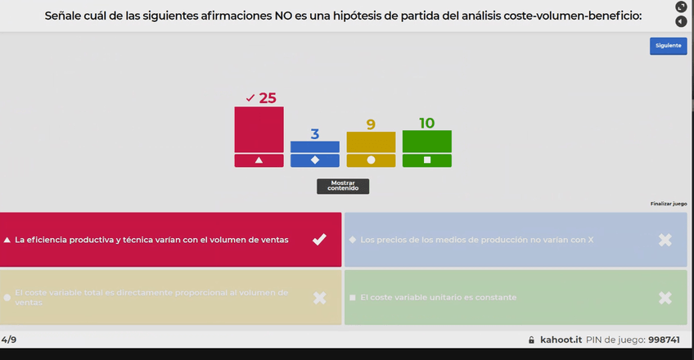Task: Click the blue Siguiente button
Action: click(x=668, y=46)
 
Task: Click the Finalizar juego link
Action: click(x=669, y=204)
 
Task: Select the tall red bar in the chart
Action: click(x=259, y=129)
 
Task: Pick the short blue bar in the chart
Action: click(x=314, y=146)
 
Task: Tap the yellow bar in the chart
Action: click(x=371, y=142)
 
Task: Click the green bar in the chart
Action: click(x=426, y=141)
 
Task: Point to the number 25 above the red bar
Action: click(x=268, y=98)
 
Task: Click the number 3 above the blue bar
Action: click(x=314, y=134)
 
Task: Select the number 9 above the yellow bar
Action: click(x=371, y=124)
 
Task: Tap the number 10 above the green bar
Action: click(x=426, y=123)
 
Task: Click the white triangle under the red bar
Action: click(x=259, y=160)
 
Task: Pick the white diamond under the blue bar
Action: click(x=314, y=160)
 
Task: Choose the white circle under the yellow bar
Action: click(x=371, y=160)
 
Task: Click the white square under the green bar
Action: click(x=426, y=160)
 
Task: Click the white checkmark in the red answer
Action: click(x=319, y=239)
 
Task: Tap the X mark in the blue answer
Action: click(x=665, y=240)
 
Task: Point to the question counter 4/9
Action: click(x=9, y=339)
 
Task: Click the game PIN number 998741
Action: click(x=664, y=340)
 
